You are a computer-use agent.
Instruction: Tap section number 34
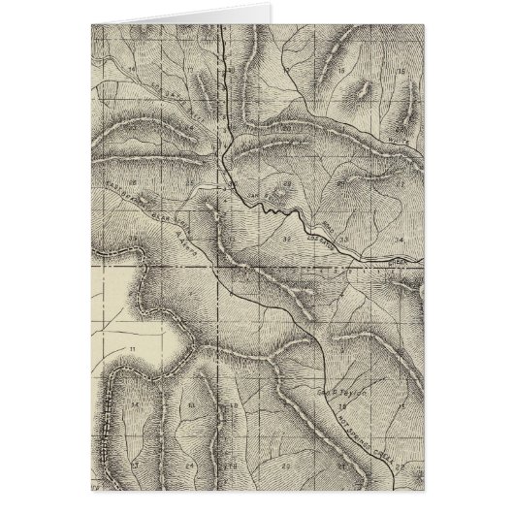point(399,236)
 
